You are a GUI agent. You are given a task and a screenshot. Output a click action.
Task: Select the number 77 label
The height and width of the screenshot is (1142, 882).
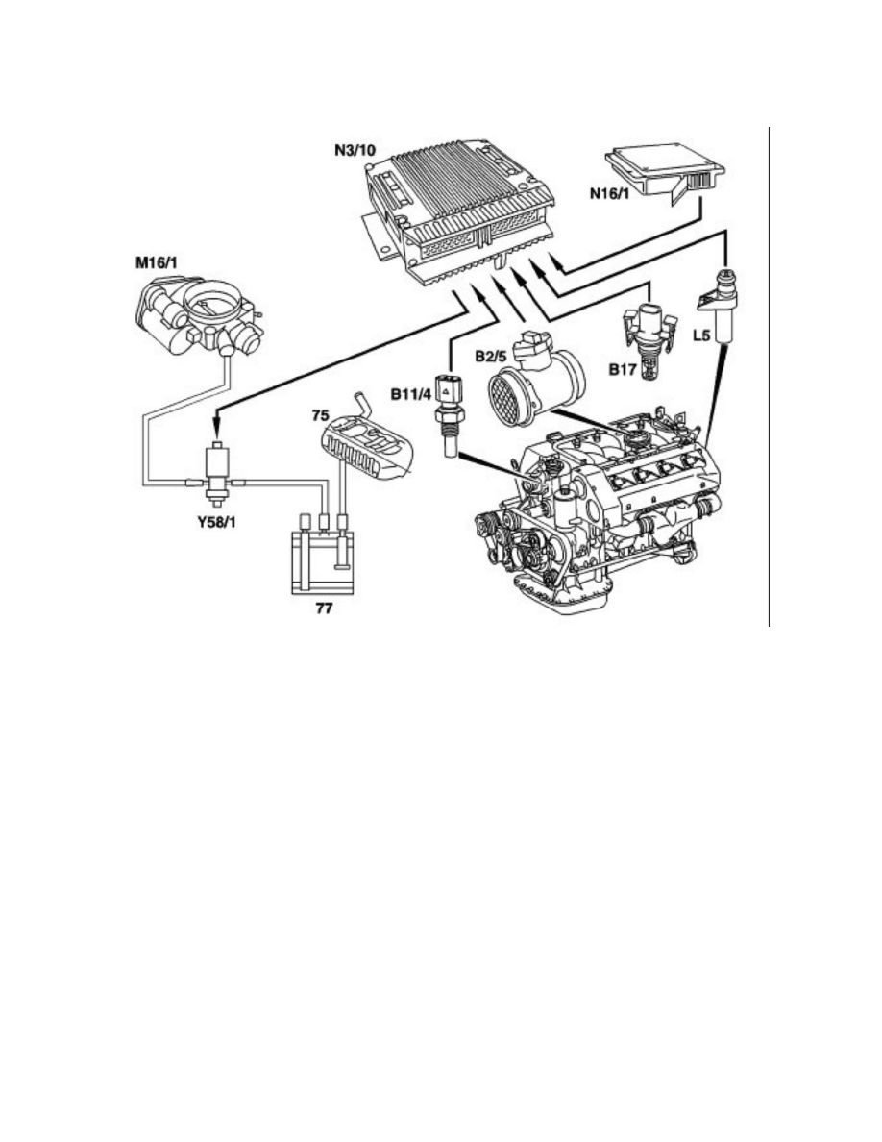coord(316,610)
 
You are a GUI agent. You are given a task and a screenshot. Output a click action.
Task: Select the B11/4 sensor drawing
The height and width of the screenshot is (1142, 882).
coord(448,404)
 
